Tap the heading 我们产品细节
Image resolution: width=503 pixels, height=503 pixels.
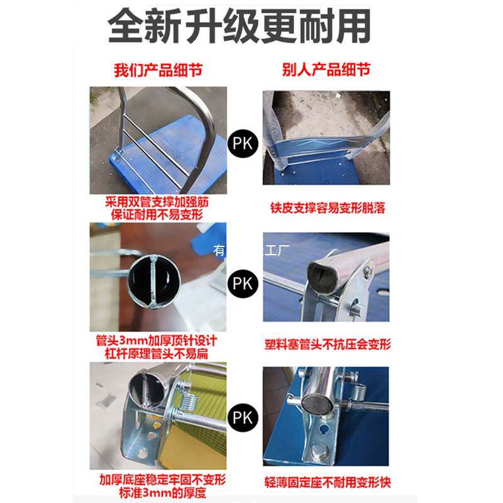[158, 69]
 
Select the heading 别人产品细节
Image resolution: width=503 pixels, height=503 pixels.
[326, 69]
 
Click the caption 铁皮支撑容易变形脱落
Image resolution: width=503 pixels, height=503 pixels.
[326, 208]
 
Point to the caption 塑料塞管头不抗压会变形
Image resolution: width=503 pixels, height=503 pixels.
[326, 345]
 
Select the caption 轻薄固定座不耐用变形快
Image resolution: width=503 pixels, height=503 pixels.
[326, 483]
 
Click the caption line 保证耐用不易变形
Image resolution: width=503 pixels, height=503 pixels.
[158, 215]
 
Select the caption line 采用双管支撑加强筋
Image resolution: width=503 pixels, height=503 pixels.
[158, 203]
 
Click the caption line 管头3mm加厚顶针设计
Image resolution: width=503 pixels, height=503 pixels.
[158, 340]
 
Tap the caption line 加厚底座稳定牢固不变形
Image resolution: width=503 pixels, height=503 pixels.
[158, 479]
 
